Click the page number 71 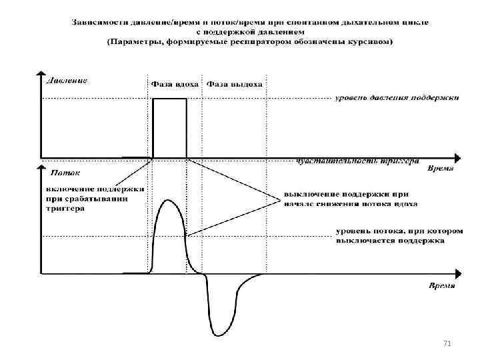coord(447,343)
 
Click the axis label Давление coord(67,82)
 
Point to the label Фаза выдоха coord(235,85)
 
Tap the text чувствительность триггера coord(357,161)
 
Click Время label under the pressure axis coord(441,169)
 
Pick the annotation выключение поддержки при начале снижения coord(351,199)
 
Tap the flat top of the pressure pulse coord(169,99)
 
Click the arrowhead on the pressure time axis coord(457,159)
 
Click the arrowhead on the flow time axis coord(457,274)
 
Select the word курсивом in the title coord(373,43)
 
